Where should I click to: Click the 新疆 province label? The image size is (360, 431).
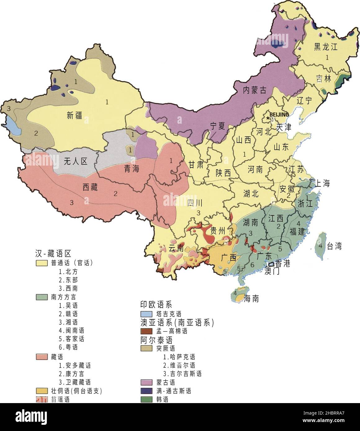[74, 116]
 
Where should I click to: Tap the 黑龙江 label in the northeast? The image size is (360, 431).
[326, 47]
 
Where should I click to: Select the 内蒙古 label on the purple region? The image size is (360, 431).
[254, 90]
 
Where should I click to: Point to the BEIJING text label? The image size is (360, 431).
[279, 114]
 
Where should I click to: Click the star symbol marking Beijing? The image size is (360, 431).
[267, 118]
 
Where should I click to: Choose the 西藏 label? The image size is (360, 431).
[90, 187]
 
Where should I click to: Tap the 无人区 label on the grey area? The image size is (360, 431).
[75, 162]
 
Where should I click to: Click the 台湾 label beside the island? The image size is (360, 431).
[334, 247]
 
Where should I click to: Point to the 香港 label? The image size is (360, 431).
[283, 264]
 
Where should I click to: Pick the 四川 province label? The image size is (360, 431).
[195, 203]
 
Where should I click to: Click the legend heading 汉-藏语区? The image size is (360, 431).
[53, 254]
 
